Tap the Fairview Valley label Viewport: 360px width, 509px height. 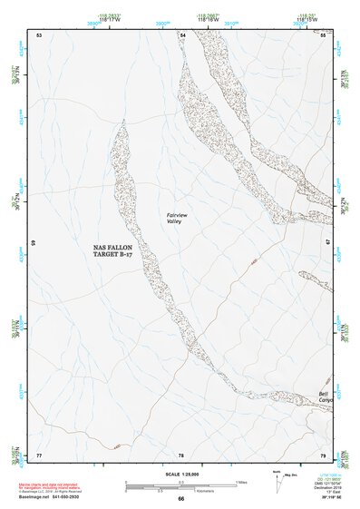[x=177, y=217]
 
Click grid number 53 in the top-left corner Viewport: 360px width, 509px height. [x=39, y=34]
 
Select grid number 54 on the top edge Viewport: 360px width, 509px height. [x=182, y=34]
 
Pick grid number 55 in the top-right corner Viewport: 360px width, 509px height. [x=324, y=34]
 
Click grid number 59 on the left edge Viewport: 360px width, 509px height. [x=34, y=243]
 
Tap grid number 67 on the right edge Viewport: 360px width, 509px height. [x=328, y=242]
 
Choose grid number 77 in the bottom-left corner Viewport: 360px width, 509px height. [x=39, y=455]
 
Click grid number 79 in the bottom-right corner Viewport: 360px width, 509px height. [x=323, y=455]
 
